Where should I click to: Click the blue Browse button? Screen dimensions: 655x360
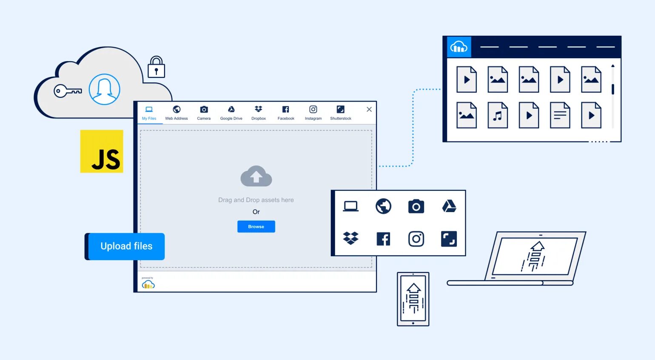(x=256, y=227)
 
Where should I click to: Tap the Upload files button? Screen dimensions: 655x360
(x=126, y=247)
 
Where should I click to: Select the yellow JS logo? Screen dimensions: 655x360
(x=102, y=151)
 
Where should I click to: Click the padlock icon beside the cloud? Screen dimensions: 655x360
(x=156, y=68)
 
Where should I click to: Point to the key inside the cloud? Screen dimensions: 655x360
(x=67, y=91)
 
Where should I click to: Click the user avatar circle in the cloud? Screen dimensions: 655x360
(x=104, y=89)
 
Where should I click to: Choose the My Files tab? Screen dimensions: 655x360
(x=149, y=113)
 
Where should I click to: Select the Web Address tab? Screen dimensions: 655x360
(x=177, y=113)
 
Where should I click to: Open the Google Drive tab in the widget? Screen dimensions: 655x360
(x=231, y=113)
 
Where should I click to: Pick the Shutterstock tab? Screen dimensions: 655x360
(x=341, y=113)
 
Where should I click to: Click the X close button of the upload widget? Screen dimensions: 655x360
(x=369, y=109)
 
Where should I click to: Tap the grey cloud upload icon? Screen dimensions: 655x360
(x=256, y=176)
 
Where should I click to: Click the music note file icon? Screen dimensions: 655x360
(x=498, y=115)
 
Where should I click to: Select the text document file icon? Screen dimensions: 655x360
(x=560, y=115)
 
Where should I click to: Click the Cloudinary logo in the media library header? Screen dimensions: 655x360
(x=459, y=47)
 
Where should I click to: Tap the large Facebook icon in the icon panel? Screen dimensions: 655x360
(x=383, y=239)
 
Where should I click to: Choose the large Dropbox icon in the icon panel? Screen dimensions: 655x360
(x=351, y=238)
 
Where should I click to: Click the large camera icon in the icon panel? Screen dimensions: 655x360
(x=416, y=207)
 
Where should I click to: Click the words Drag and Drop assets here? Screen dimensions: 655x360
(x=256, y=200)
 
